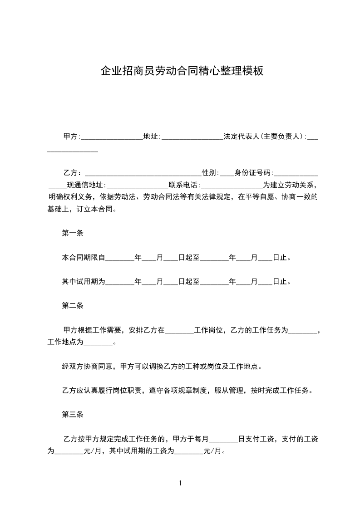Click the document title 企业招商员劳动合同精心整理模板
[182, 71]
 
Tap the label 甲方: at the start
[71, 136]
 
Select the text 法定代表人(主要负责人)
[263, 136]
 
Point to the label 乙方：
[72, 173]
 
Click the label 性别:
[210, 173]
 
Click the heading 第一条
[72, 234]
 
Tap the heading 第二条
[72, 306]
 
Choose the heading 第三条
[72, 415]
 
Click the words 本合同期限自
[84, 258]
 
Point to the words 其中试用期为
[84, 282]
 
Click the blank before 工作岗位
[179, 331]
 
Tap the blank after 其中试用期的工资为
[189, 452]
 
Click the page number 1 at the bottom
[180, 483]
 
